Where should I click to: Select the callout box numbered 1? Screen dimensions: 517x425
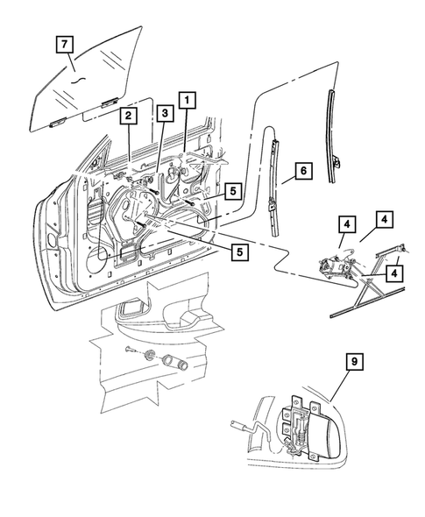(x=186, y=99)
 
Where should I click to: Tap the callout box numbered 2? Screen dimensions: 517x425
(x=128, y=115)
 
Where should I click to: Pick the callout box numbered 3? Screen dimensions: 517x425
(x=163, y=113)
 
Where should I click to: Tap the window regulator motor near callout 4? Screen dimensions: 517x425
(x=334, y=263)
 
